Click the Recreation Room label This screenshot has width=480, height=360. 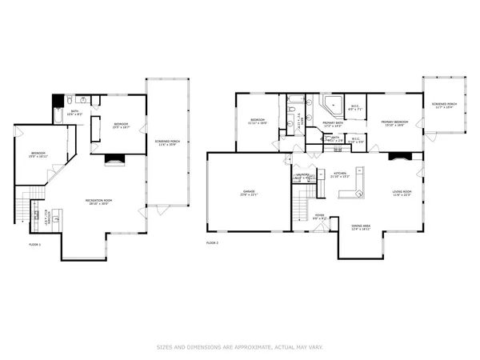[98, 202]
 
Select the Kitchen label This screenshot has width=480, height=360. [339, 174]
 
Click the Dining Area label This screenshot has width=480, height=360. [360, 227]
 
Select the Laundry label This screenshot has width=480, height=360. [304, 176]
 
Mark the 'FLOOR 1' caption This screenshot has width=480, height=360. [34, 243]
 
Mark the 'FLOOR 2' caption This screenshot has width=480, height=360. [212, 242]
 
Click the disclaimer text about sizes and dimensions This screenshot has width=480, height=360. [240, 347]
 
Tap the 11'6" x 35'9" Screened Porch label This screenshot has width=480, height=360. [166, 144]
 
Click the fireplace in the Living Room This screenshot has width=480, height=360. [398, 158]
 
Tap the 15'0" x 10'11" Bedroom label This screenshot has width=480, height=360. [38, 154]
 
